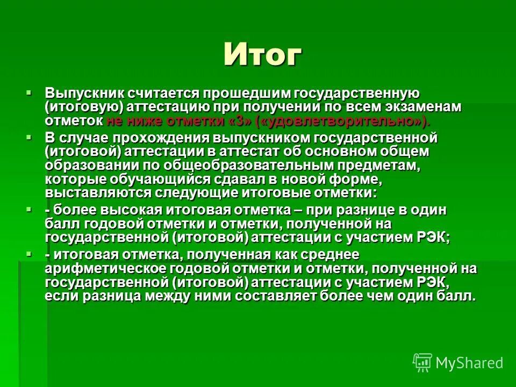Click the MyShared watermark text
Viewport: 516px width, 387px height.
(469, 363)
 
